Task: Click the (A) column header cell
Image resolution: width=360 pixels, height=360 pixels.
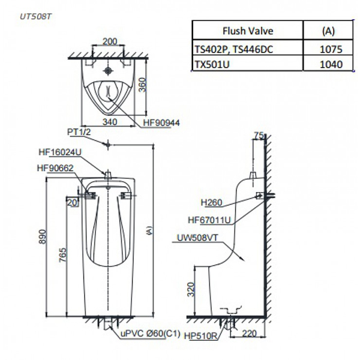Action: pyautogui.click(x=328, y=29)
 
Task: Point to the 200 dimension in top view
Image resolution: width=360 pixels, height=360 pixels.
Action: pyautogui.click(x=109, y=42)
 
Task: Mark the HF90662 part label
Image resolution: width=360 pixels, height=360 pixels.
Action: pyautogui.click(x=55, y=169)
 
